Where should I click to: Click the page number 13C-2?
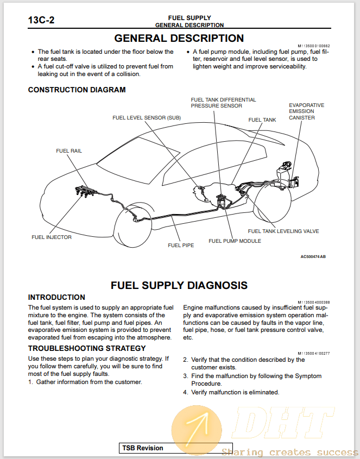(x=41, y=21)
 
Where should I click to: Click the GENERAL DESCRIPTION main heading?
(x=179, y=39)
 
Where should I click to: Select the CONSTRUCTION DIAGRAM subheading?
(x=77, y=90)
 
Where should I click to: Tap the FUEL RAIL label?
(x=69, y=150)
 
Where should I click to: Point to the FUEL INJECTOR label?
(x=52, y=237)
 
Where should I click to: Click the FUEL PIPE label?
(x=180, y=245)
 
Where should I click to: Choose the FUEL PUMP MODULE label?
(x=235, y=241)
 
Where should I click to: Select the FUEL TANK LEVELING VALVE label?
(x=283, y=231)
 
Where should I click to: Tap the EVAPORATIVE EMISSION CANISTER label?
(x=306, y=111)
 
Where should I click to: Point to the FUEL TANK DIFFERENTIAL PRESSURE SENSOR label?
(x=223, y=103)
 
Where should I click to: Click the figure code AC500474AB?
(x=313, y=257)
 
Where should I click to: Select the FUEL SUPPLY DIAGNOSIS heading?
(x=179, y=285)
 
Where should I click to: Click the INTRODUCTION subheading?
(x=56, y=297)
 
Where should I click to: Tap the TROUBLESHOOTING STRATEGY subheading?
(x=87, y=348)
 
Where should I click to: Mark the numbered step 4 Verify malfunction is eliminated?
(x=231, y=392)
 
